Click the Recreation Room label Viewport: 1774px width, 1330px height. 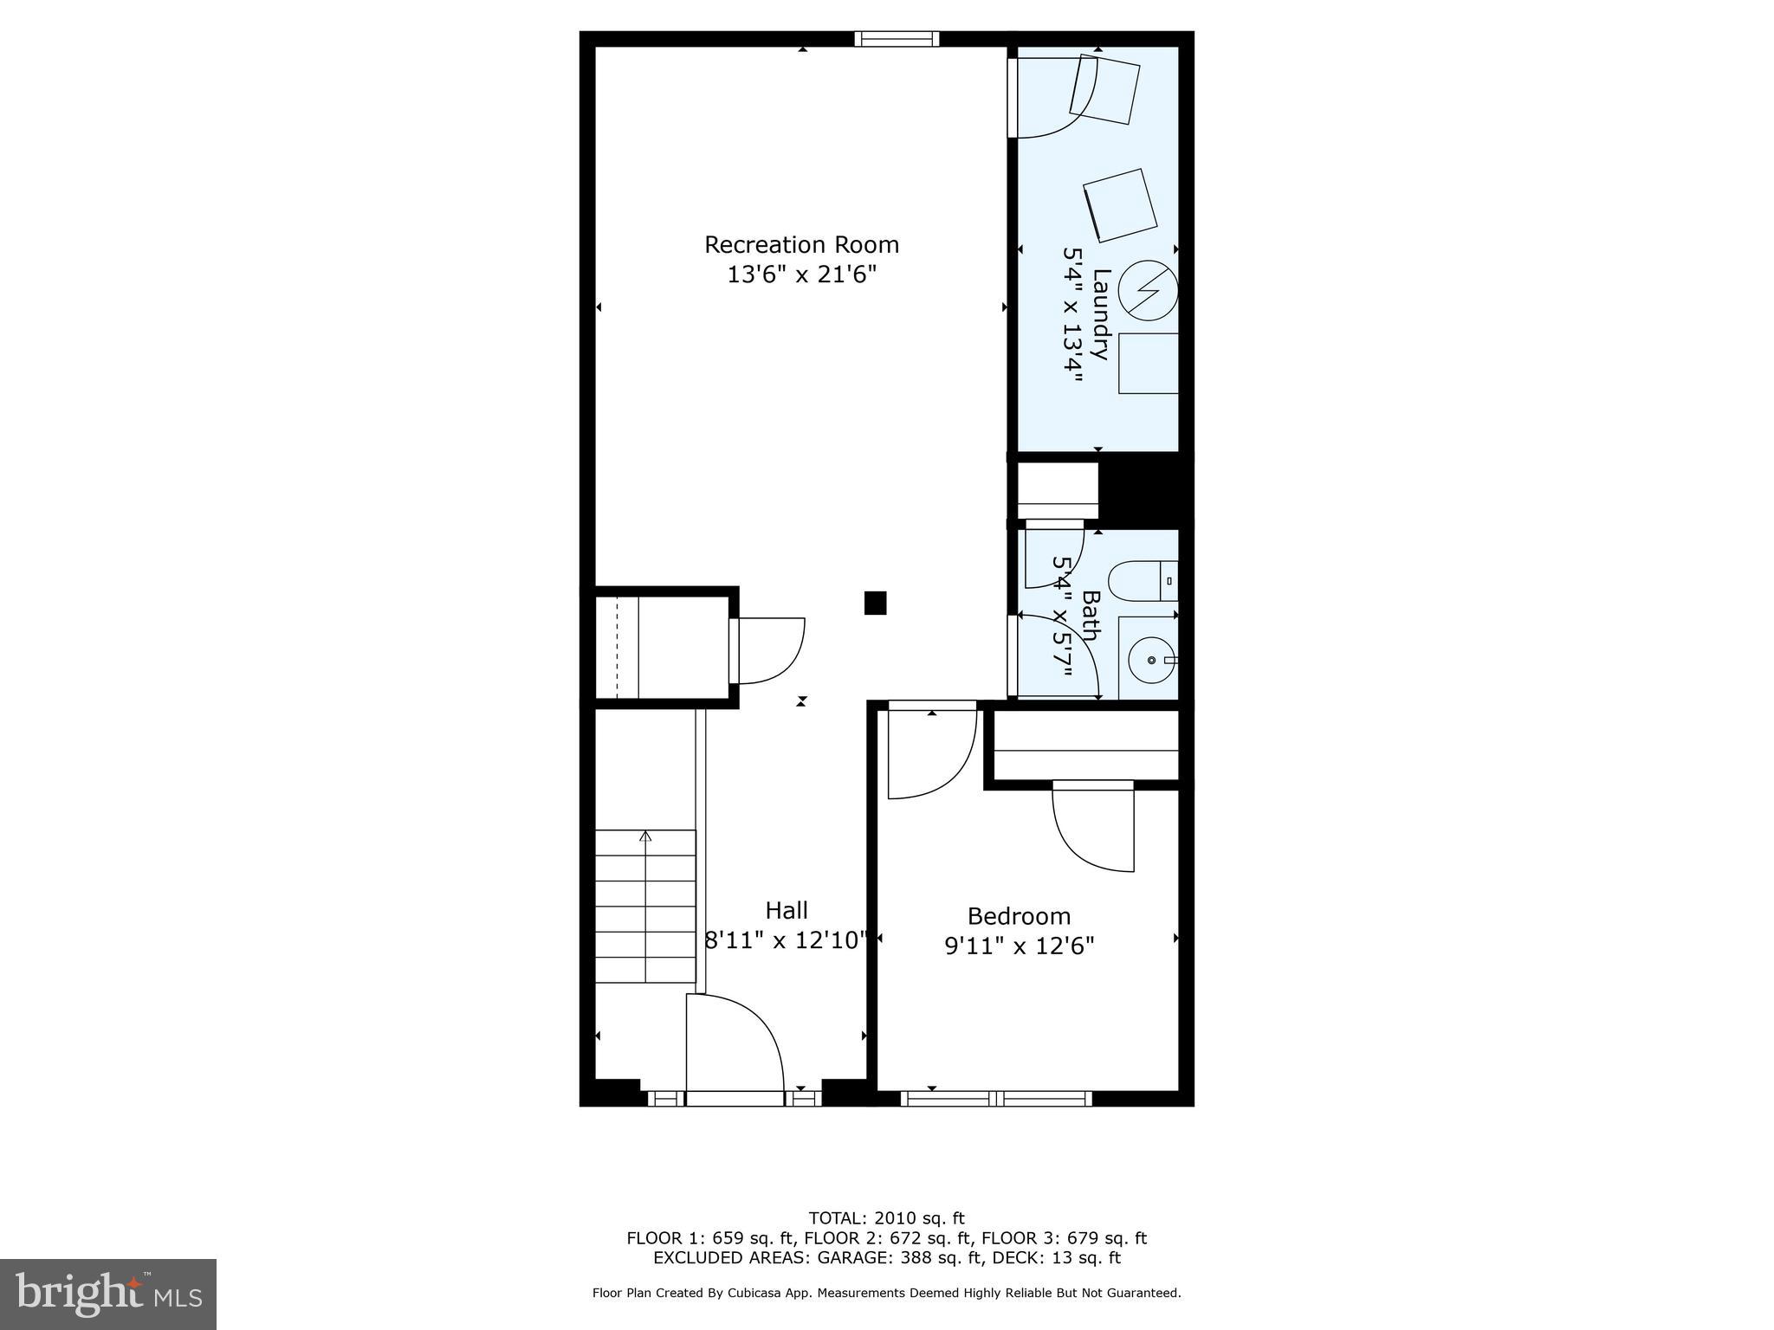coord(801,245)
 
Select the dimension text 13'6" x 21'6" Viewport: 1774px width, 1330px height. coord(801,275)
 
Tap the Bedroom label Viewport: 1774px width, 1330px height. coord(1019,916)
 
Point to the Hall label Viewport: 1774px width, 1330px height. coord(787,910)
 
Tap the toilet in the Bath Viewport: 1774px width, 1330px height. coord(1142,581)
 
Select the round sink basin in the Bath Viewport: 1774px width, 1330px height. coord(1151,661)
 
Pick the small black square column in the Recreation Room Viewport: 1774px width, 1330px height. coord(875,603)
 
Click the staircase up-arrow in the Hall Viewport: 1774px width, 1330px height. coord(645,836)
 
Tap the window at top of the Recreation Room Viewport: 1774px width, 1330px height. coord(897,39)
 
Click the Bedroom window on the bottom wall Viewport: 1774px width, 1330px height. coord(996,1099)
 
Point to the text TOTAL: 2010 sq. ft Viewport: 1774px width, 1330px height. coord(886,1218)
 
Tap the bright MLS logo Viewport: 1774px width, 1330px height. coord(107,1294)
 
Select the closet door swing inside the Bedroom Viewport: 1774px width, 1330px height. coord(1094,827)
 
